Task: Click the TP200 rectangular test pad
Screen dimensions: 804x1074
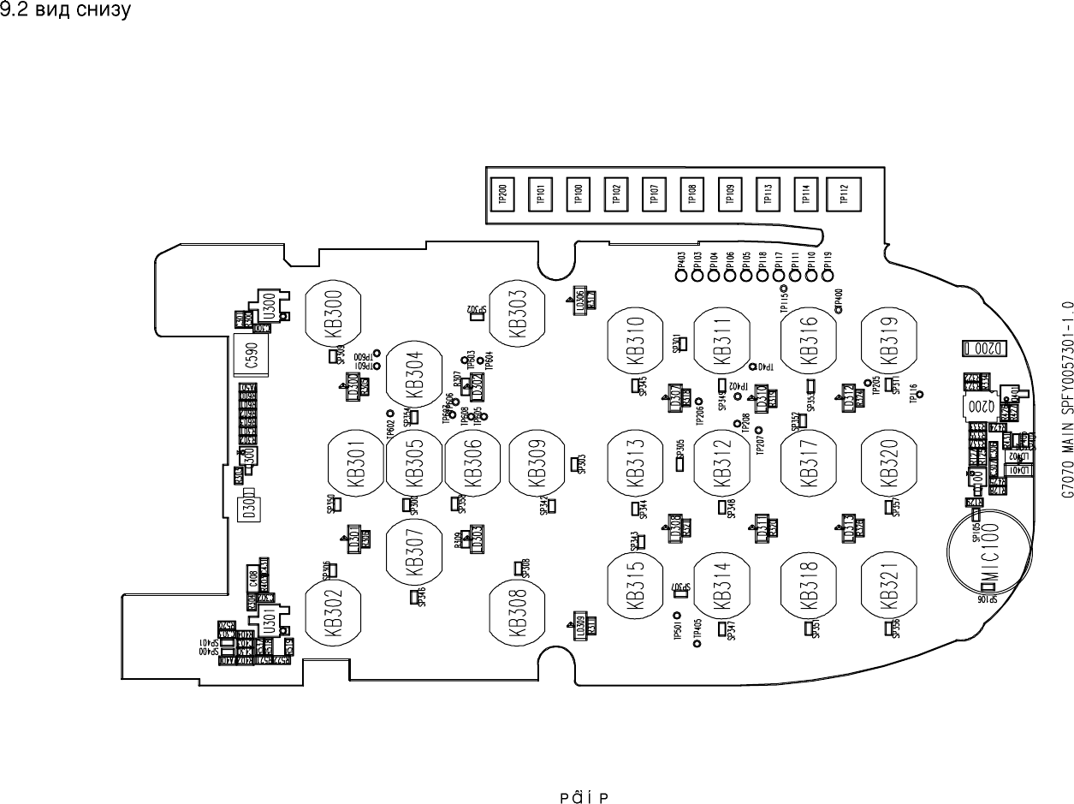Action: pos(501,195)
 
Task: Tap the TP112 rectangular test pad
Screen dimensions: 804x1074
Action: pos(844,195)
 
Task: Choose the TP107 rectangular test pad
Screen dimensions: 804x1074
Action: pos(654,194)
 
